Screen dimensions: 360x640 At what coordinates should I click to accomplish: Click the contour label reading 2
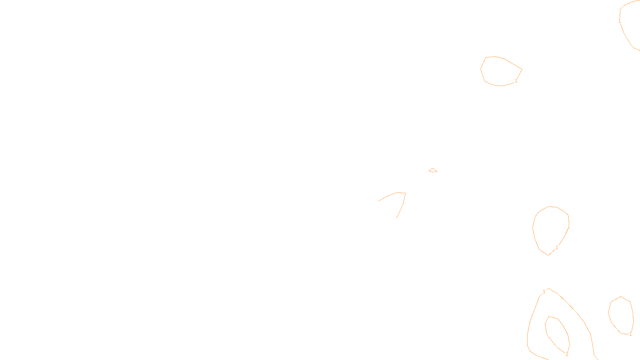coord(567,354)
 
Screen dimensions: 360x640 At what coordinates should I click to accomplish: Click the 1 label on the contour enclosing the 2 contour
coord(544,292)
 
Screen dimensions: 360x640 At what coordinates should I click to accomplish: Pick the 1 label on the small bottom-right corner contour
coord(630,334)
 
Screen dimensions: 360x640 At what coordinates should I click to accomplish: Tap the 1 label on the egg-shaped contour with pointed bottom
coord(557,248)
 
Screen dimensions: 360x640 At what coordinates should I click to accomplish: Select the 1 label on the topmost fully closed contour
coord(516,81)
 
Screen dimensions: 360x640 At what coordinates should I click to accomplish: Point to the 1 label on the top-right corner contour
coord(620,21)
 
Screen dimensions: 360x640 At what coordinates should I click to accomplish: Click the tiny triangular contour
coord(433,170)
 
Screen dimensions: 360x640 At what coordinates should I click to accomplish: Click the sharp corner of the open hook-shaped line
coord(405,193)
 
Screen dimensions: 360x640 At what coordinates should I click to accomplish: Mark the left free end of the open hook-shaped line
coord(379,201)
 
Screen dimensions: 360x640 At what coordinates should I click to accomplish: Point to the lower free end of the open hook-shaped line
coord(396,218)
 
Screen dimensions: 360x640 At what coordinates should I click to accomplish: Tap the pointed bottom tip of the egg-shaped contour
coord(548,255)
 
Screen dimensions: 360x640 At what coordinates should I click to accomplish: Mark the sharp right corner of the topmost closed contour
coord(522,70)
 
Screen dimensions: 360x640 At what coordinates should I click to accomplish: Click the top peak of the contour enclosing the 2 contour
coord(548,288)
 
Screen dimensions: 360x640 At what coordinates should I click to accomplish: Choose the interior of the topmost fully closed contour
coord(500,71)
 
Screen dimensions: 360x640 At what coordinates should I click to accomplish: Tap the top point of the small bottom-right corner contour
coord(621,297)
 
